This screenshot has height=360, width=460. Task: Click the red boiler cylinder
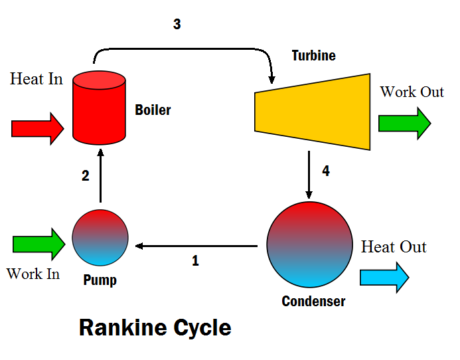tap(99, 108)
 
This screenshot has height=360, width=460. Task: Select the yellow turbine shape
tap(313, 112)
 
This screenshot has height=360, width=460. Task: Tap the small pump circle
tap(100, 238)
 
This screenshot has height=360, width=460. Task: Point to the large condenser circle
tap(310, 244)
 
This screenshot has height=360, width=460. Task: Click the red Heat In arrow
tap(38, 129)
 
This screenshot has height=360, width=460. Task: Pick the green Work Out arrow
tap(405, 124)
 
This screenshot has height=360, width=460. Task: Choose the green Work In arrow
tap(39, 244)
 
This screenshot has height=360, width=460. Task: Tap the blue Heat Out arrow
tap(384, 277)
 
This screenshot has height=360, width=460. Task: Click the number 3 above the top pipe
tap(177, 24)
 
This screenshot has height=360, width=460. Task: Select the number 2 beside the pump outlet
tap(86, 175)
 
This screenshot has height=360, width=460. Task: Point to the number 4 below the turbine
tap(326, 171)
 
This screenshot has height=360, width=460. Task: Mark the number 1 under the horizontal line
tap(195, 261)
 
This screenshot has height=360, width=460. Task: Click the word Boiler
tap(153, 110)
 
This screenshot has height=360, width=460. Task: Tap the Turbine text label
tap(313, 56)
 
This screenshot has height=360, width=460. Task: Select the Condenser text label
tap(313, 302)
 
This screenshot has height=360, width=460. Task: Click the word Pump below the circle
tap(100, 280)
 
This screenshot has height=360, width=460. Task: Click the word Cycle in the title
tap(202, 328)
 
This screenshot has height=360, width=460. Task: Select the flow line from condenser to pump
tap(196, 246)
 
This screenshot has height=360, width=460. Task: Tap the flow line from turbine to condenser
tap(309, 175)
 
